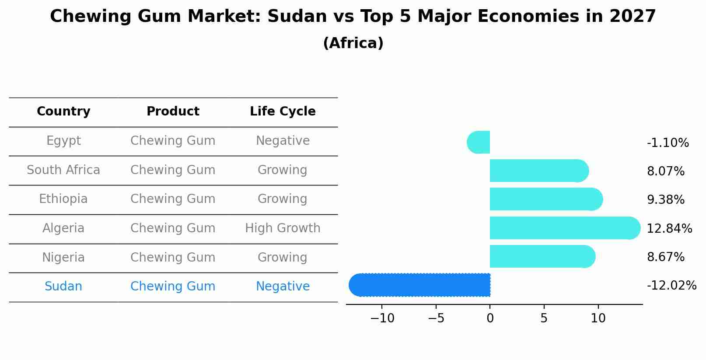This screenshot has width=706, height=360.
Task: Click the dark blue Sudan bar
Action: [x=420, y=285]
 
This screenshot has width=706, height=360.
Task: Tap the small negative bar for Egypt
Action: [x=479, y=142]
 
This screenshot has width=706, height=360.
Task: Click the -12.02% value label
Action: [x=671, y=286]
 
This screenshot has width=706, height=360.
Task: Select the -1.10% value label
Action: [x=668, y=143]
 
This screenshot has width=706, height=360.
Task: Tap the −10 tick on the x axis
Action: [x=382, y=318]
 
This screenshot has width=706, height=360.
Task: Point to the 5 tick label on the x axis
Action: [x=544, y=318]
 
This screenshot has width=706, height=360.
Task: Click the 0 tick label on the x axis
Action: [x=490, y=318]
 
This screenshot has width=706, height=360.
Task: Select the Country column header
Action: [x=63, y=112]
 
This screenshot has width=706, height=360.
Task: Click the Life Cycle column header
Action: [x=283, y=112]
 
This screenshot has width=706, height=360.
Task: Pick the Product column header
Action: [x=173, y=112]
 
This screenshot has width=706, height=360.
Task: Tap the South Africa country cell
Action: [x=63, y=170]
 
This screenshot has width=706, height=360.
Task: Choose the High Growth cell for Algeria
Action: [x=283, y=228]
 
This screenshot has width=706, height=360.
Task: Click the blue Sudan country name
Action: [x=63, y=287]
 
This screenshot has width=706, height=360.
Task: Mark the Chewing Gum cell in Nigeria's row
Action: [x=173, y=258]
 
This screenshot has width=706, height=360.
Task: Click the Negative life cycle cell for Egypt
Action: [x=283, y=141]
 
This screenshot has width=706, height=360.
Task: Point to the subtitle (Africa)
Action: [x=353, y=43]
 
